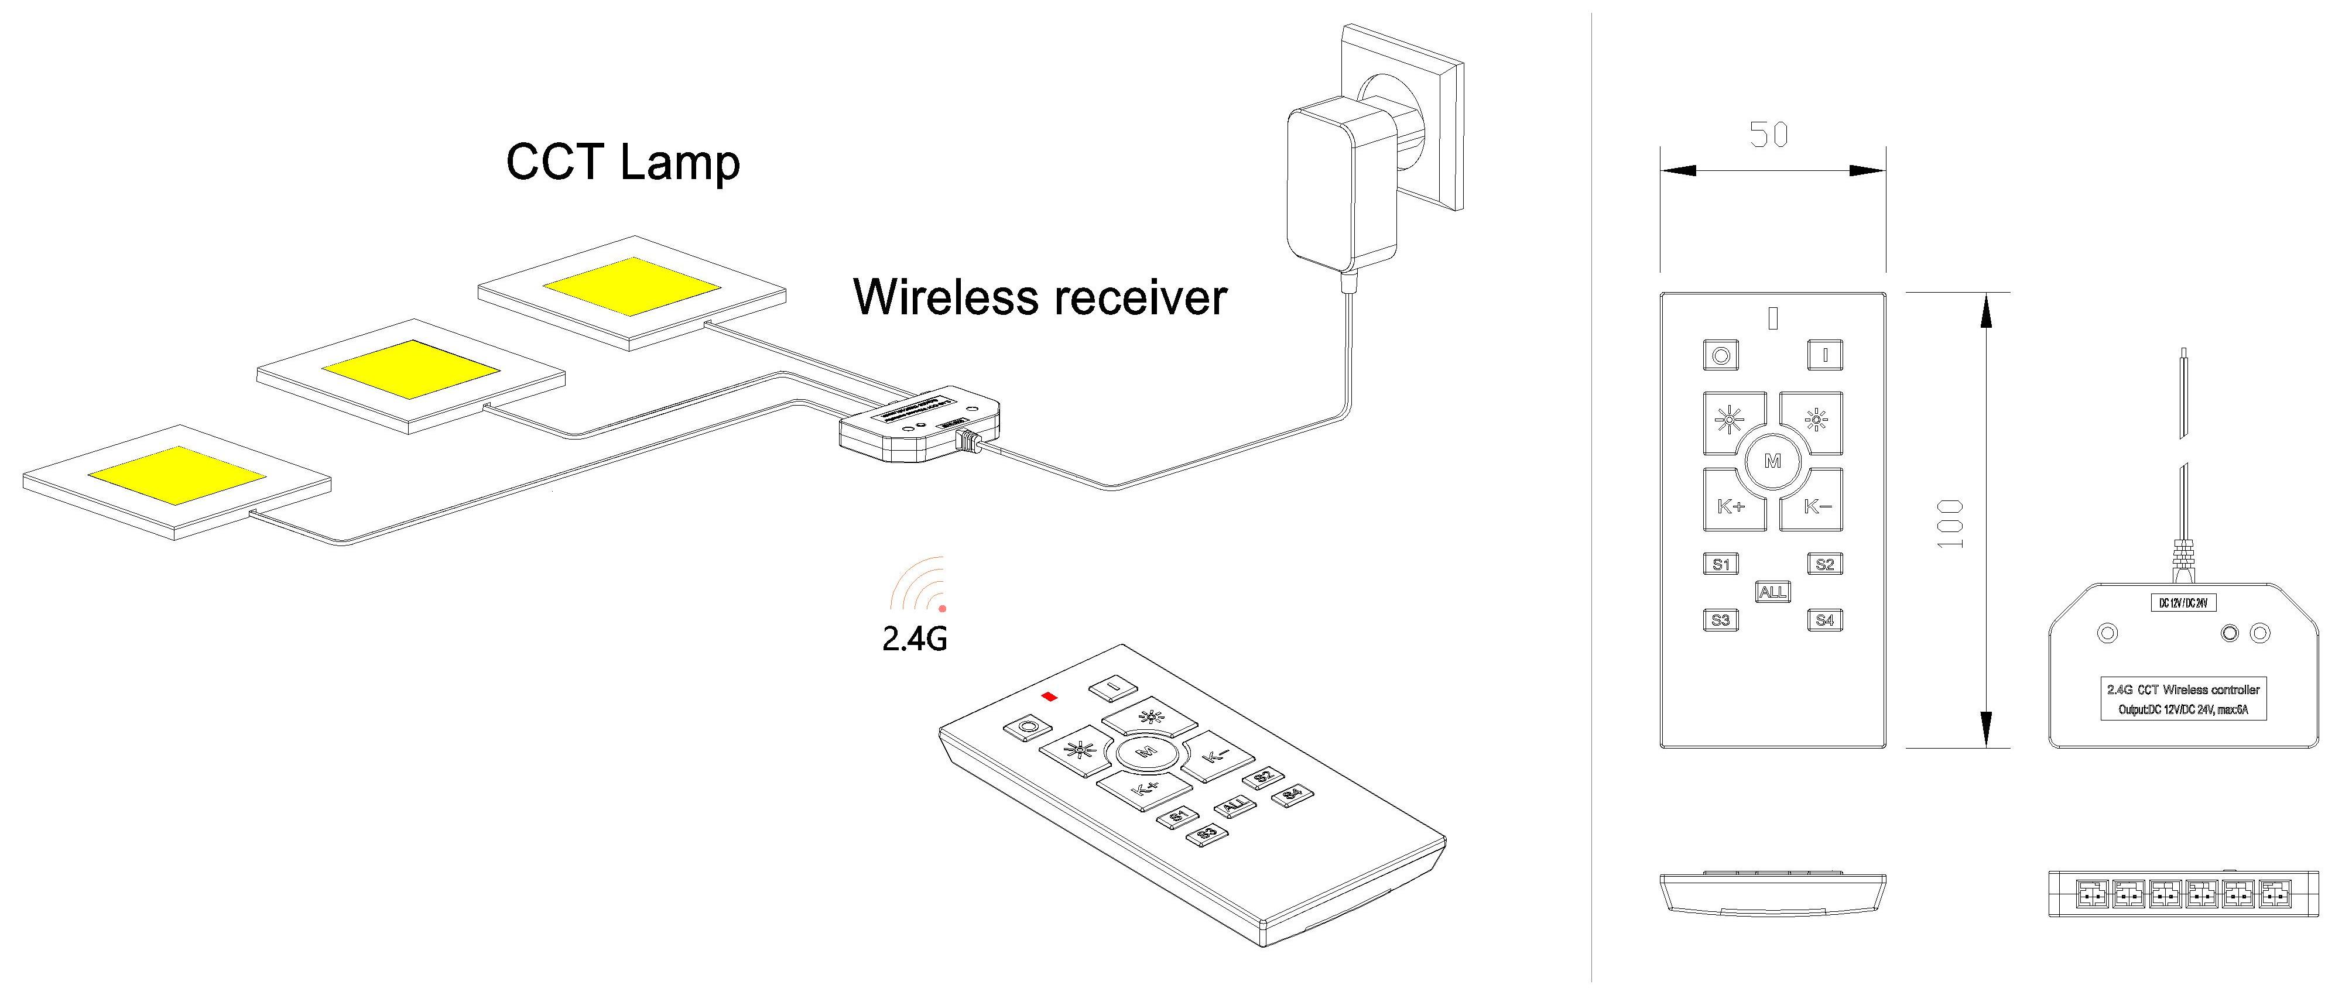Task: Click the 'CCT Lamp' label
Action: pyautogui.click(x=623, y=163)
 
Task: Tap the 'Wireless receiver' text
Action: pyautogui.click(x=1039, y=297)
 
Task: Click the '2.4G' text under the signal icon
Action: pyautogui.click(x=915, y=639)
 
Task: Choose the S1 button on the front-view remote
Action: pyautogui.click(x=1720, y=564)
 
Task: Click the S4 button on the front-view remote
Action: pyautogui.click(x=1824, y=620)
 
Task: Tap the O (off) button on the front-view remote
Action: pyautogui.click(x=1720, y=355)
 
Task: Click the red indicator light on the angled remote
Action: pyautogui.click(x=1050, y=697)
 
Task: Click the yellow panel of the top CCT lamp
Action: pyautogui.click(x=631, y=286)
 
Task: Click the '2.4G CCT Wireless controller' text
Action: pyautogui.click(x=2182, y=689)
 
